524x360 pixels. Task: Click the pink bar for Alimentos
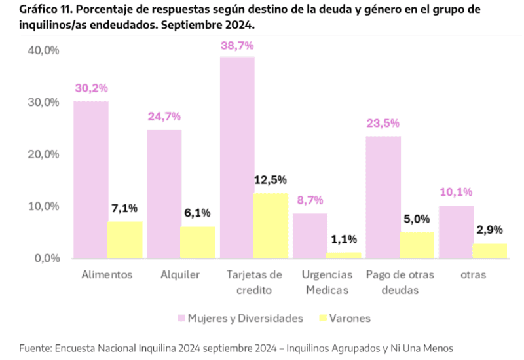pyautogui.click(x=91, y=179)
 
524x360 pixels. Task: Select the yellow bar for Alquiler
pyautogui.click(x=198, y=242)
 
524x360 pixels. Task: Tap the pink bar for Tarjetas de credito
pyautogui.click(x=237, y=157)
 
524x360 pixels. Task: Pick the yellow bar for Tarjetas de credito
pyautogui.click(x=271, y=225)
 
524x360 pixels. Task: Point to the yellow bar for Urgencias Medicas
pyautogui.click(x=343, y=255)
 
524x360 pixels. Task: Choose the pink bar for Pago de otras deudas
pyautogui.click(x=383, y=197)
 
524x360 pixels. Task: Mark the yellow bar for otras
pyautogui.click(x=489, y=251)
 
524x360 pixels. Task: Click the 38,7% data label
pyautogui.click(x=237, y=46)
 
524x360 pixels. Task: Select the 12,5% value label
pyautogui.click(x=271, y=180)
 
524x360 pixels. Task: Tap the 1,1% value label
pyautogui.click(x=343, y=240)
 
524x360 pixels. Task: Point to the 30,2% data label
pyautogui.click(x=91, y=88)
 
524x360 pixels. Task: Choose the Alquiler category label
pyautogui.click(x=180, y=275)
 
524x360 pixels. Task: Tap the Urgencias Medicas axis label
pyautogui.click(x=327, y=282)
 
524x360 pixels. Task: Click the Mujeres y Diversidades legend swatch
pyautogui.click(x=181, y=319)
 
